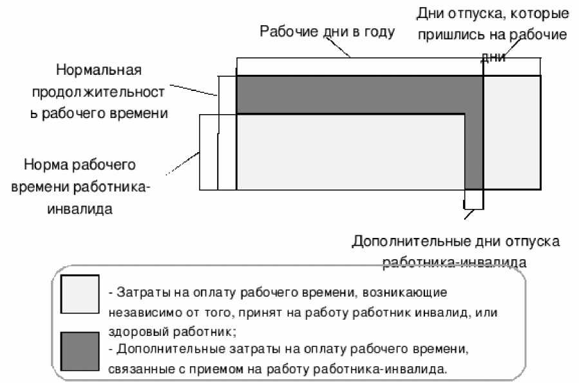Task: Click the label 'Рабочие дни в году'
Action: tap(327, 32)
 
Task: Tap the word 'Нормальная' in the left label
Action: tap(98, 69)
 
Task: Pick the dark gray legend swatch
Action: tap(79, 351)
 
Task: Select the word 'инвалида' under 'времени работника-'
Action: tap(80, 209)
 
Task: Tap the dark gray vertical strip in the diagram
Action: tap(473, 148)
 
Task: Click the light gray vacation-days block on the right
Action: tap(512, 132)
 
